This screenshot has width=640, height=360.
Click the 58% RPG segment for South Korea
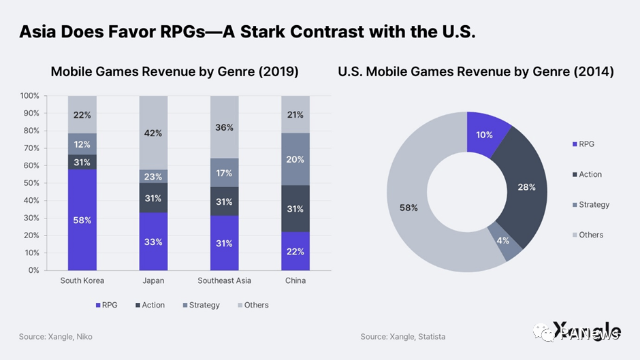click(x=82, y=220)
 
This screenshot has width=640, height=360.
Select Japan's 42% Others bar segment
click(x=153, y=133)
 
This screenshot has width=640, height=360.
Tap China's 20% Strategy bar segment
click(x=295, y=159)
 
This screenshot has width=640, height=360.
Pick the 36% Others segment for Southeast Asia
click(x=224, y=127)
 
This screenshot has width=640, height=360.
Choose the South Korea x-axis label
click(x=82, y=281)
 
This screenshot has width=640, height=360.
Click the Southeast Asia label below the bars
click(x=224, y=281)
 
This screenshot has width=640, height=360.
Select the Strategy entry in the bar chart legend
click(x=201, y=306)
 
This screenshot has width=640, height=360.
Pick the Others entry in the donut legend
click(x=590, y=235)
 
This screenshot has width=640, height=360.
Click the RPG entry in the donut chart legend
click(x=586, y=144)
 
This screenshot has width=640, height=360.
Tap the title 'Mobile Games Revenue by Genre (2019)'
click(x=174, y=71)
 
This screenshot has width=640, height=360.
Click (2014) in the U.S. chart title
click(x=591, y=71)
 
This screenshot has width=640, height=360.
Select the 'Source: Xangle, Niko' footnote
click(x=55, y=337)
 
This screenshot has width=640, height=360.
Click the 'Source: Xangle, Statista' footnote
click(x=403, y=337)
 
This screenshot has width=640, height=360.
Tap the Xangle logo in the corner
click(x=587, y=330)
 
